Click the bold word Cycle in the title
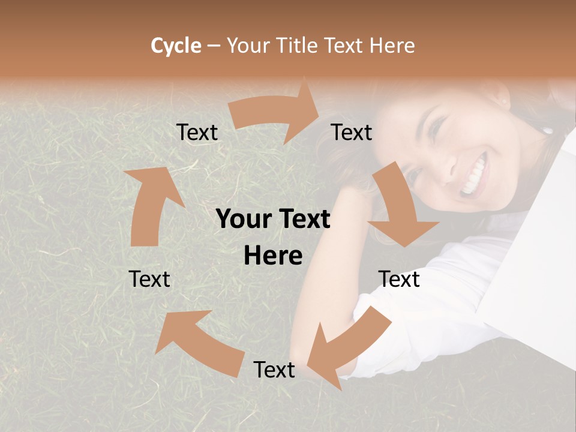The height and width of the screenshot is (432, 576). pos(176,46)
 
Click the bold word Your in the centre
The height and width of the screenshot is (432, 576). pos(240,219)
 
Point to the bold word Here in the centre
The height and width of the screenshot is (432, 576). pos(273,256)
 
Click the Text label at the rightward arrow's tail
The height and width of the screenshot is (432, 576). pos(197,133)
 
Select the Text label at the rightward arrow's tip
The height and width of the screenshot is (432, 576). pos(352,133)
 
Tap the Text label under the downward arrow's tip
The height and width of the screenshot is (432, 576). pos(399,279)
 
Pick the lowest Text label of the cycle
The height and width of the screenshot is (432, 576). pos(274,370)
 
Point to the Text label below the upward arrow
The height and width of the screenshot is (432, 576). pos(149,279)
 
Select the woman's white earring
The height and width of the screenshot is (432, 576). pos(547,130)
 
